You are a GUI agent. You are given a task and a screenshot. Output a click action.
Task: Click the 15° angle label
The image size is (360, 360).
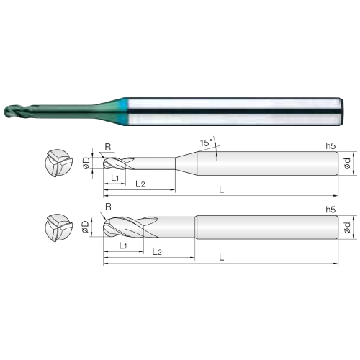pos(207,143)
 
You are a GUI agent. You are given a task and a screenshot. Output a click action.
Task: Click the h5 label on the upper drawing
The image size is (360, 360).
pos(330,145)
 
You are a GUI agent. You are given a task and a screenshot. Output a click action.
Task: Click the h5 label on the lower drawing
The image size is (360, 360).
pos(330,210)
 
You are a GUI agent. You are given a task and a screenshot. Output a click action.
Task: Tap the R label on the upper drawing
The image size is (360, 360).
pos(108,147)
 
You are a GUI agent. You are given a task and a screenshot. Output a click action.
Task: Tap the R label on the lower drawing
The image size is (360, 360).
pos(109,206)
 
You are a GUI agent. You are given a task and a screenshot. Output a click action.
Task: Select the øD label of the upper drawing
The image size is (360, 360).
pos(86,163)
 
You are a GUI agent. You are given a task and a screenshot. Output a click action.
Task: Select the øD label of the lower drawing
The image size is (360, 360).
pos(86,227)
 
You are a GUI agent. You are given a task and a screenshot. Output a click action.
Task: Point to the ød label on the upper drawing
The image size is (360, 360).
pos(347,163)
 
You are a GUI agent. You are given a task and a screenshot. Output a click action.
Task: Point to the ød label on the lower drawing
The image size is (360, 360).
pos(347,228)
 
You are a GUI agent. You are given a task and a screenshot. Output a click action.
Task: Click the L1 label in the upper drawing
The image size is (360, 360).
pos(115,178)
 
